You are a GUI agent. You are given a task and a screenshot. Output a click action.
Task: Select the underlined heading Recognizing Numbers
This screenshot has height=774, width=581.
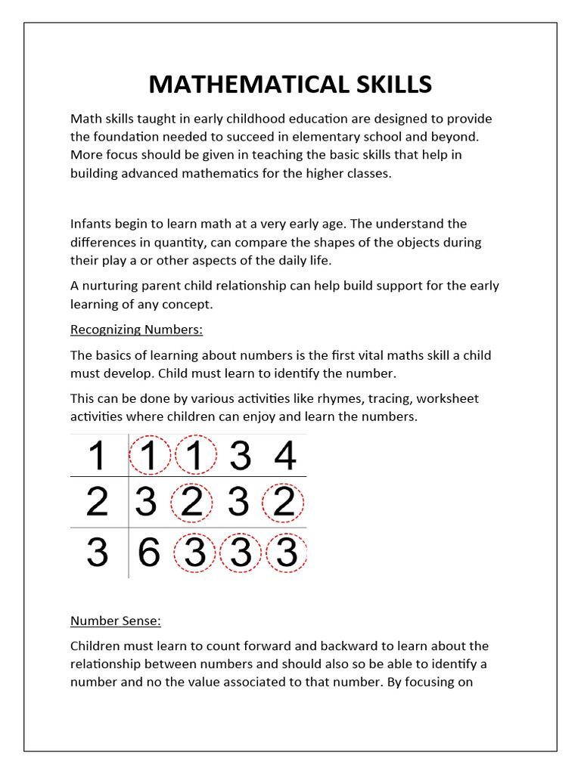click(137, 330)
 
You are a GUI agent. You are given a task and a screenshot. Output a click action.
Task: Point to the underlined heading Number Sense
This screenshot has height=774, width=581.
click(116, 621)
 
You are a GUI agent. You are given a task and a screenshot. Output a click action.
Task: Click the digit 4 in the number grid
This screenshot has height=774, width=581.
click(285, 457)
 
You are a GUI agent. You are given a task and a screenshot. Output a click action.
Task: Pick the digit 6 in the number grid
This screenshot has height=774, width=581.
click(149, 554)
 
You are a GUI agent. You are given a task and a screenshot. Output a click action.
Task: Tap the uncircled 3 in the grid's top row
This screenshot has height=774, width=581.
click(240, 457)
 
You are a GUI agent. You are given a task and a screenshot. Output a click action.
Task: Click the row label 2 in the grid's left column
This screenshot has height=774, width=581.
click(97, 503)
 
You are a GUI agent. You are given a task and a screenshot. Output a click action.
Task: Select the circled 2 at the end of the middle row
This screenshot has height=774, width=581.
click(284, 503)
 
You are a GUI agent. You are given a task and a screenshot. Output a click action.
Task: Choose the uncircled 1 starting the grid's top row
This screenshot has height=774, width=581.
click(97, 457)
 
